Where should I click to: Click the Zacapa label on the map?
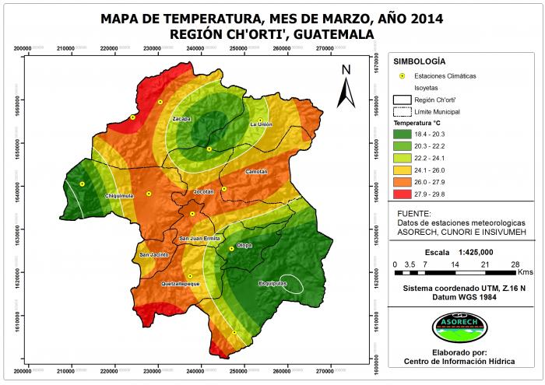coord(181,118)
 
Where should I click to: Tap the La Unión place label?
coord(262,124)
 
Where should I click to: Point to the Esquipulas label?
coord(273,284)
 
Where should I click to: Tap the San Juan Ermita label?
coord(200,238)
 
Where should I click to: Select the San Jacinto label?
coord(153,255)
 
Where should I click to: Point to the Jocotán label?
coord(203,191)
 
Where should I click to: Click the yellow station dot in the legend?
coord(403,76)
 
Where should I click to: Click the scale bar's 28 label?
coord(515,264)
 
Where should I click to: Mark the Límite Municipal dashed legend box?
coord(403,112)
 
